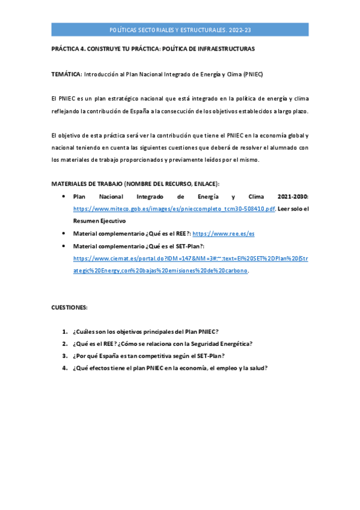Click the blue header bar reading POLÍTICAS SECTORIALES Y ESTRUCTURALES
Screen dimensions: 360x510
tap(180, 29)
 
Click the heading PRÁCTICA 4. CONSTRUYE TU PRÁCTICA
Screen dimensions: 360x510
tap(153, 48)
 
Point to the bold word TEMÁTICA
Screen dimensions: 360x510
tap(66, 75)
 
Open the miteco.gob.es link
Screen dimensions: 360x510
tap(174, 209)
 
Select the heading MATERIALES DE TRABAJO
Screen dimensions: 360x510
tap(135, 183)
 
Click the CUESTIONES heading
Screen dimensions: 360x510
tap(69, 307)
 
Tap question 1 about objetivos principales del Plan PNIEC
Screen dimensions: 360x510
tap(145, 332)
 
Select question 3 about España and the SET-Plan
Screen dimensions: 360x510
tap(148, 356)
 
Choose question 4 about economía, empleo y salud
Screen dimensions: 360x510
tap(169, 368)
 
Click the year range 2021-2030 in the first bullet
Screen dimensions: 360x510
tap(293, 197)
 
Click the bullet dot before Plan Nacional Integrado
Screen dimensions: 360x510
tap(64, 197)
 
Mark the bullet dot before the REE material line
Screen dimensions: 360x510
tap(64, 233)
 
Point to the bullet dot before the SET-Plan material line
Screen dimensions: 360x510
tap(64, 246)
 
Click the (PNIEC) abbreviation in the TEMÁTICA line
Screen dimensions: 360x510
tap(253, 75)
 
